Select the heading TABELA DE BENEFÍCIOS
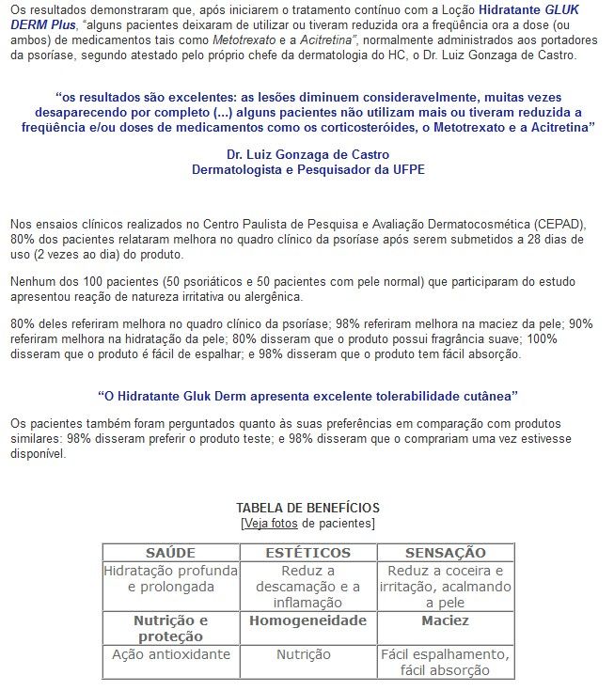click(307, 508)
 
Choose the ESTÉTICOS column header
click(307, 552)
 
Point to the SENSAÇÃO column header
click(445, 552)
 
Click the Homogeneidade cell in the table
click(307, 621)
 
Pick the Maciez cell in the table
click(445, 621)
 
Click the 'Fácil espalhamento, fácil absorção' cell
click(445, 662)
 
